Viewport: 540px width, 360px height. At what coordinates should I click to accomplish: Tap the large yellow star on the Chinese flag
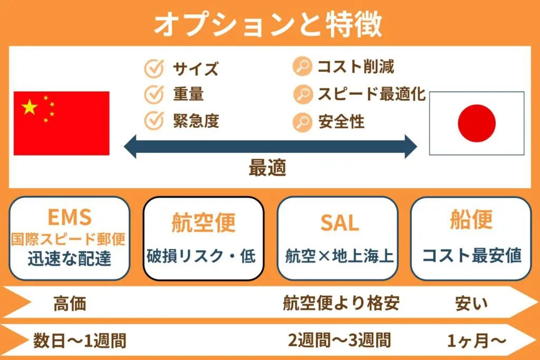coord(30,107)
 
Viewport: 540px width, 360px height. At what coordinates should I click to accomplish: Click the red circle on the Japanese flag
coord(477,123)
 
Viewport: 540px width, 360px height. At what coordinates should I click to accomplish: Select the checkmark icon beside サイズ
coord(154,69)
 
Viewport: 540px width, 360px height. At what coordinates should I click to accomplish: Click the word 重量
coord(188,94)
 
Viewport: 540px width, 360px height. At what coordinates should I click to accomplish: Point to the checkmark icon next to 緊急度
coord(154,121)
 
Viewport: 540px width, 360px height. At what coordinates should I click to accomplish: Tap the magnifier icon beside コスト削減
coord(302,66)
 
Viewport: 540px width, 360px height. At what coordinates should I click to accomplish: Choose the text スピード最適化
coord(372,94)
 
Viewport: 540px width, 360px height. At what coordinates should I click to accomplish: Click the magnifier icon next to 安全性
coord(302,122)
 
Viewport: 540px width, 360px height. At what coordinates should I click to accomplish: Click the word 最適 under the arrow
coord(267,168)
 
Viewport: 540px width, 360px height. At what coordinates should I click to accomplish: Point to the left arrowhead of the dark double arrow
coord(130,147)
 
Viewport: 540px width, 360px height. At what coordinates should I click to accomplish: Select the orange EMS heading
coord(70,217)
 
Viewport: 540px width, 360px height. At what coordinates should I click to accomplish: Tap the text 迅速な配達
coord(70,258)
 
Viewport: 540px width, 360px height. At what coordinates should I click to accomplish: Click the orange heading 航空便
coord(204,222)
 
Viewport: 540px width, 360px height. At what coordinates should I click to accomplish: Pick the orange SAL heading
coord(340,222)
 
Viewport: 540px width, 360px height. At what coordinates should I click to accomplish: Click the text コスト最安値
coord(471,256)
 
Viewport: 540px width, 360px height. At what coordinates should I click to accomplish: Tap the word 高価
coord(70,304)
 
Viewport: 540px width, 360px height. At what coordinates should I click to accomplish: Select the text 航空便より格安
coord(341,303)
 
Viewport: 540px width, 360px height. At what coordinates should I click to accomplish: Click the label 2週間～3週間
coord(340,340)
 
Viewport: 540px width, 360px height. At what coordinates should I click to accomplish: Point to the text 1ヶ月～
coord(477,340)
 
